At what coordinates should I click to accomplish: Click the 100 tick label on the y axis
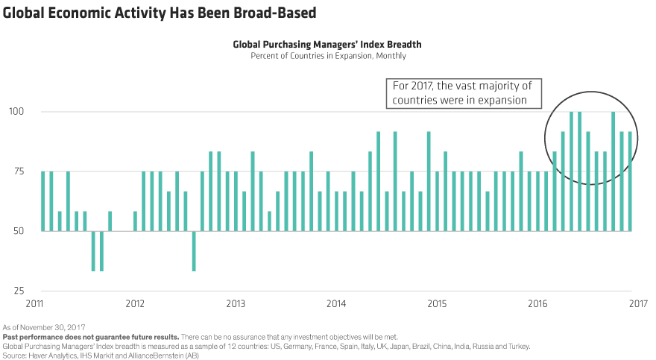coord(15,112)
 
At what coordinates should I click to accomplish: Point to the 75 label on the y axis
coord(17,171)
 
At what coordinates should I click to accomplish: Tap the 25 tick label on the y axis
coord(17,291)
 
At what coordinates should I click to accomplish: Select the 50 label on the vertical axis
coord(17,231)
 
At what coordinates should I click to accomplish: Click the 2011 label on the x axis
coord(34,304)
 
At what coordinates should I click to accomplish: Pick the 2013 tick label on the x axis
coord(236,304)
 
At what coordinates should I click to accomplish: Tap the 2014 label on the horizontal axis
coord(336,304)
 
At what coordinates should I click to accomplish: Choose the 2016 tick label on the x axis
coord(538,304)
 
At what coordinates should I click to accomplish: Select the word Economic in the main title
coord(75,12)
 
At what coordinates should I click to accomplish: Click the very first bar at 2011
coord(42,201)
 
